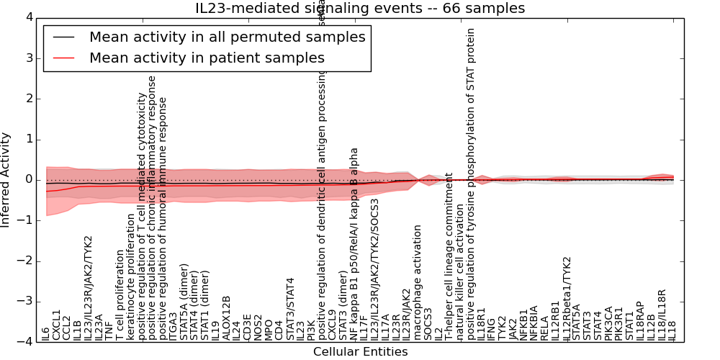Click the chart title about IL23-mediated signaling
pos(360,9)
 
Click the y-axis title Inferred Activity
pos(6,180)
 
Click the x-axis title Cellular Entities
pos(360,352)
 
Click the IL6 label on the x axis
pos(46,333)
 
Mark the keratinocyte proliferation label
pos(130,287)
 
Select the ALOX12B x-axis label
pos(226,318)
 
